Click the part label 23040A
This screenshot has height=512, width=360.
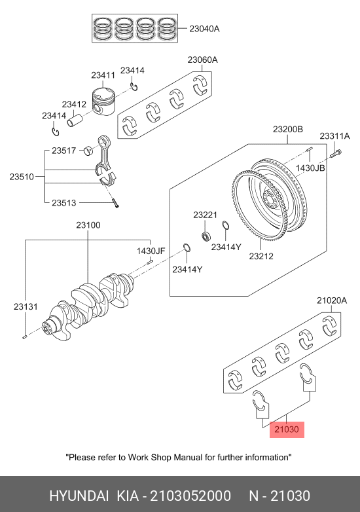[x=204, y=29]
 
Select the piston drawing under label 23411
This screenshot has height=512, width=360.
[x=103, y=101]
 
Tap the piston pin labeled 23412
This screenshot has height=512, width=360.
[x=75, y=120]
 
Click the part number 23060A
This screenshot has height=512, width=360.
[x=202, y=60]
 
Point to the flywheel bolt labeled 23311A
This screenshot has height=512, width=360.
[x=336, y=153]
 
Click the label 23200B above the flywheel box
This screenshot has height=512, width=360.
[x=288, y=129]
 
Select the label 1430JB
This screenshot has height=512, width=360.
[x=310, y=168]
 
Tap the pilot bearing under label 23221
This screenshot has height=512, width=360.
[x=206, y=236]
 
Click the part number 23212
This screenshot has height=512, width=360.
[x=261, y=256]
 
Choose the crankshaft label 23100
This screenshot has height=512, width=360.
[x=88, y=225]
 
